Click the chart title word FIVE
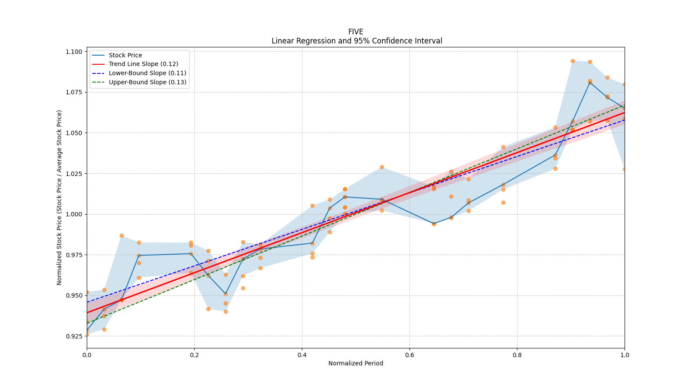(356, 32)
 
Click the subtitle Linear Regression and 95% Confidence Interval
(357, 41)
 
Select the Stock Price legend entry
(125, 55)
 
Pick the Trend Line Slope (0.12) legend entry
(143, 64)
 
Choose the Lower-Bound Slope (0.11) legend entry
(147, 73)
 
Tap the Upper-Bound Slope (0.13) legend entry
(147, 82)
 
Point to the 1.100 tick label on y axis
(74, 52)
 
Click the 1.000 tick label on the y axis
(74, 214)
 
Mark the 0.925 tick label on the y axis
(74, 336)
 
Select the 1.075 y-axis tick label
(74, 92)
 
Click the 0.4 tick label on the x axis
(302, 355)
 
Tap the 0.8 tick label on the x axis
(517, 355)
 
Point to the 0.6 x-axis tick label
(409, 355)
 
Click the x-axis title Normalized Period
(356, 363)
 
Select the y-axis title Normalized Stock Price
(59, 197)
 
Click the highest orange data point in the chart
(573, 61)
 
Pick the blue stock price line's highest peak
(590, 82)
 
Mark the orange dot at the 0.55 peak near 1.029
(382, 167)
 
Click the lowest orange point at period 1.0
(624, 169)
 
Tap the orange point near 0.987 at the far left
(121, 235)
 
